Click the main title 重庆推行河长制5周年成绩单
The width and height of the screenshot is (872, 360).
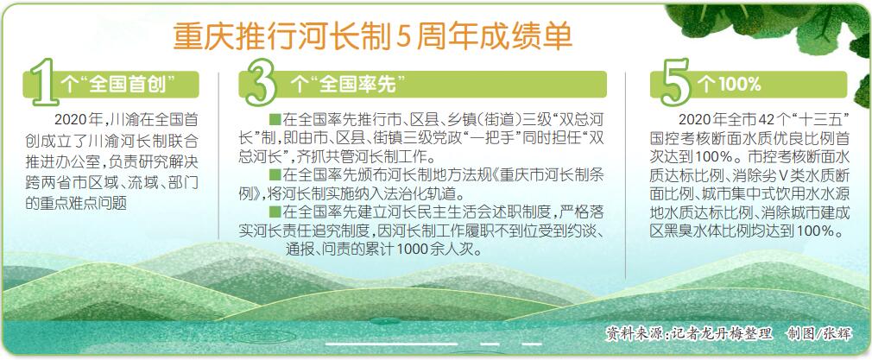(373, 37)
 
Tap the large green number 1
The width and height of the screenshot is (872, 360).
(45, 82)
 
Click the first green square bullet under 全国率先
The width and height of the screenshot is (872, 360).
(275, 120)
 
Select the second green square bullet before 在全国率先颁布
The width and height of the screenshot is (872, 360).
(275, 175)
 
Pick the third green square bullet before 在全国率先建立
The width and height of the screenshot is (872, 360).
(275, 212)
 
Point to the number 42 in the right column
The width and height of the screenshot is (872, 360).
(755, 120)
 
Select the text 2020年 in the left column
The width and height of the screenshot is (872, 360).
(74, 120)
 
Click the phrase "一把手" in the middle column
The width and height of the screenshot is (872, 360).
(485, 138)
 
